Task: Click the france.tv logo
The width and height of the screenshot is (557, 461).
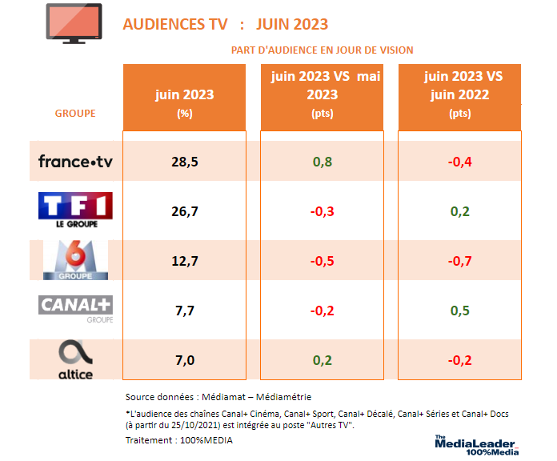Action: point(75,162)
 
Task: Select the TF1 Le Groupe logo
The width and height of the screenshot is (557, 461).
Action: point(75,210)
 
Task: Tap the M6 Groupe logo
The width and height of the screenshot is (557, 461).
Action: point(75,260)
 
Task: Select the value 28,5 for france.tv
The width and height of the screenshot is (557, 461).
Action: point(185,162)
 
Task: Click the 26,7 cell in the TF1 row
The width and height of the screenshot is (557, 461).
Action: point(185,211)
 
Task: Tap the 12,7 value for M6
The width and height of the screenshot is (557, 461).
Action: point(185,260)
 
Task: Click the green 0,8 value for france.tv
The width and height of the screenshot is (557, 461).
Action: point(323,162)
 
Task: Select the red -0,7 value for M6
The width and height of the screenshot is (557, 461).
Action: point(460,260)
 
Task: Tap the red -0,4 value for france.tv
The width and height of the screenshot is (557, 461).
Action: point(460,162)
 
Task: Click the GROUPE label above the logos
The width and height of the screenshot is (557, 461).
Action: point(75,113)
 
